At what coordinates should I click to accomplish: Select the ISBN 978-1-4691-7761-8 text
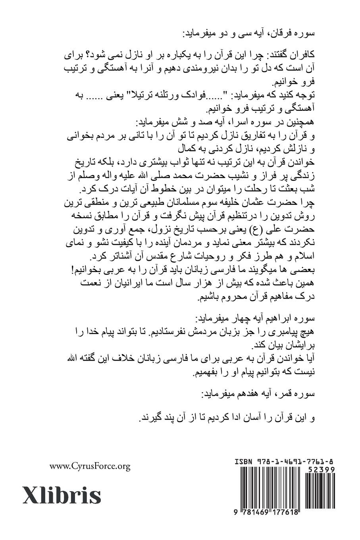284,462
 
